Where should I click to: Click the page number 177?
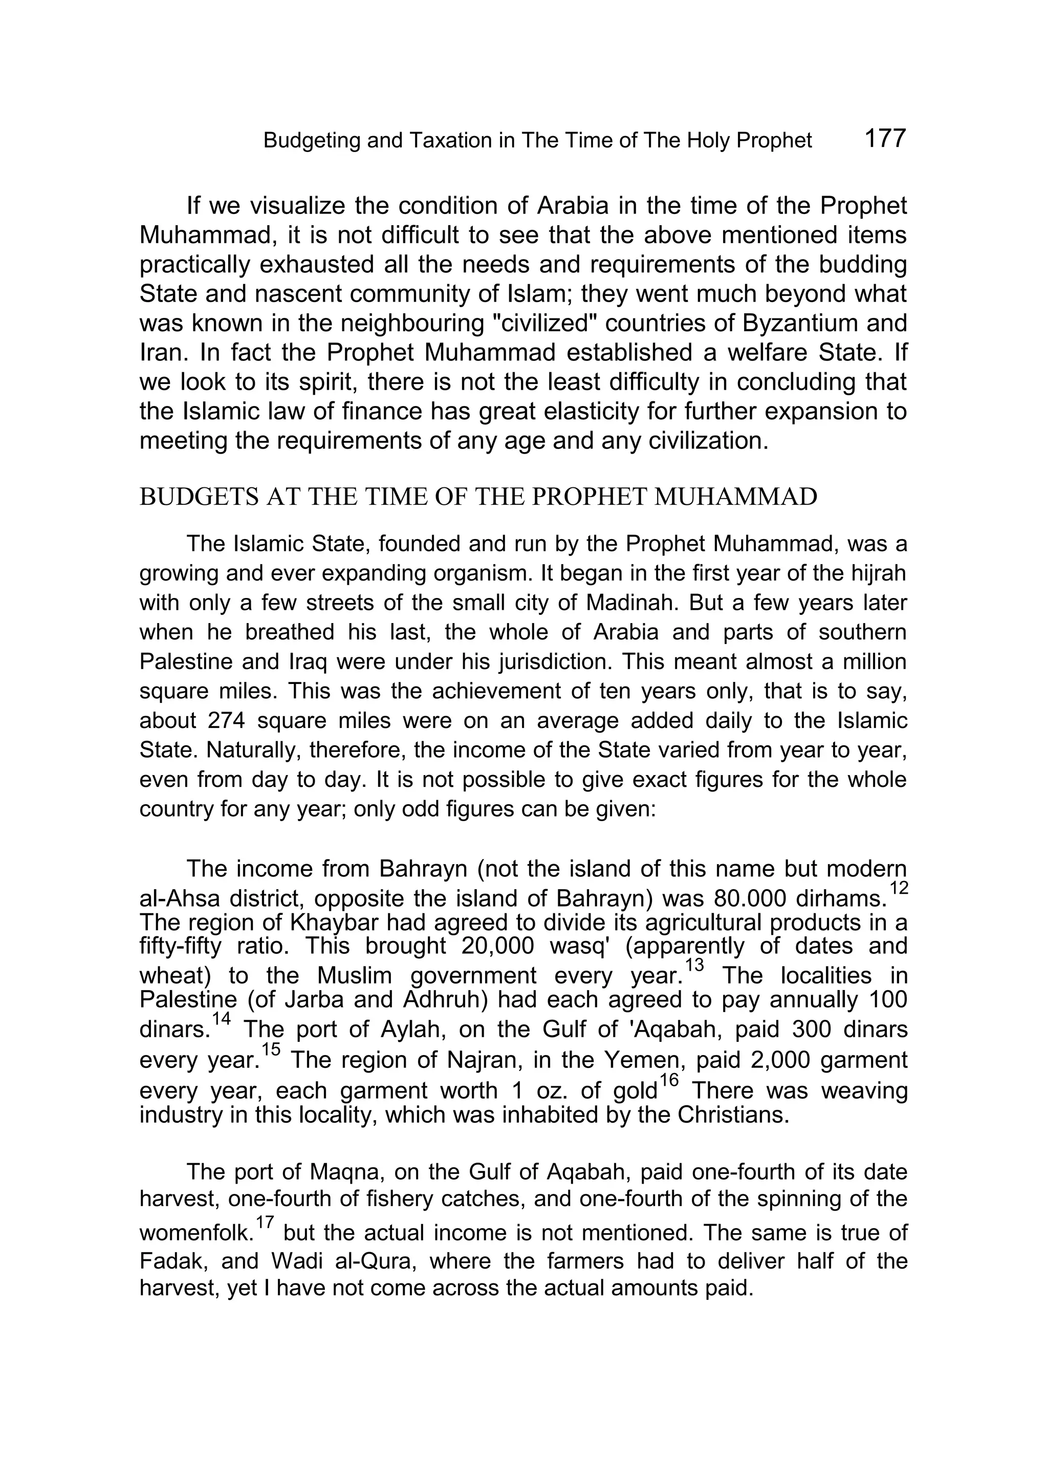coord(884,138)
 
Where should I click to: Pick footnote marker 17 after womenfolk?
coord(265,1222)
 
